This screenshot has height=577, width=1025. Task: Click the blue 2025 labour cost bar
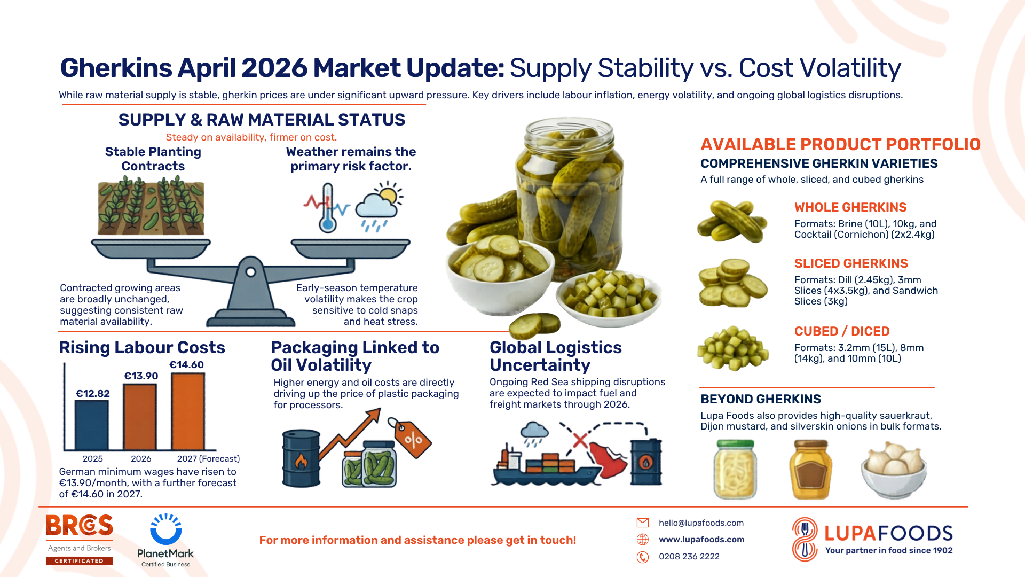pyautogui.click(x=91, y=425)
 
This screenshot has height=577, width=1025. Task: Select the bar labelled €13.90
pyautogui.click(x=140, y=417)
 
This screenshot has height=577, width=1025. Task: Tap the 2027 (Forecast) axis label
pyautogui.click(x=208, y=459)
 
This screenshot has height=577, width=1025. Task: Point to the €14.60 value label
pyautogui.click(x=186, y=365)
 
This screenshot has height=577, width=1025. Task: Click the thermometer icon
pyautogui.click(x=327, y=208)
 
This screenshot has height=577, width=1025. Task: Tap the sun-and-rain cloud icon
pyautogui.click(x=379, y=206)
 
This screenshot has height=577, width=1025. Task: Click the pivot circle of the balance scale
pyautogui.click(x=250, y=272)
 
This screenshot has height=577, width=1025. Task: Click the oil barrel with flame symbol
pyautogui.click(x=301, y=458)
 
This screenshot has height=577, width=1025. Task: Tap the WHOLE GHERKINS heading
pyautogui.click(x=850, y=207)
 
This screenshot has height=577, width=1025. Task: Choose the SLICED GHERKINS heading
pyautogui.click(x=851, y=263)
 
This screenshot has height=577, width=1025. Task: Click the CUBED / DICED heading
pyautogui.click(x=842, y=331)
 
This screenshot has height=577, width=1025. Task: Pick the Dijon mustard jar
pyautogui.click(x=810, y=470)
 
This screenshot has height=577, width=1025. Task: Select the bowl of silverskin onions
pyautogui.click(x=893, y=470)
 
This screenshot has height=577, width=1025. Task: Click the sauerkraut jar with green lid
pyautogui.click(x=735, y=470)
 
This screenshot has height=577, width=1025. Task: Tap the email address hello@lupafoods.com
pyautogui.click(x=701, y=523)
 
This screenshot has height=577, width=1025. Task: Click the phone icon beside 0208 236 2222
pyautogui.click(x=643, y=557)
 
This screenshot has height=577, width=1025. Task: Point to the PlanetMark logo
pyautogui.click(x=165, y=540)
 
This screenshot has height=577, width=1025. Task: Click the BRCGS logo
pyautogui.click(x=79, y=539)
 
